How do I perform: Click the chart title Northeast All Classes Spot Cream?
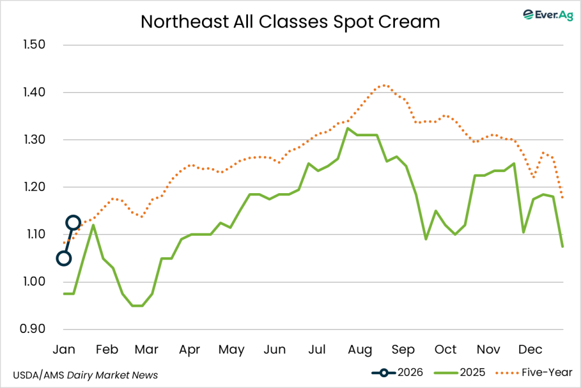pos(290,22)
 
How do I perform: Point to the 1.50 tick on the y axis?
pos(32,45)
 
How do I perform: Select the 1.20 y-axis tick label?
pos(32,187)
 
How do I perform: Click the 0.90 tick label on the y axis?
pos(32,329)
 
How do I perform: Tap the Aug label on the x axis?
pos(360,349)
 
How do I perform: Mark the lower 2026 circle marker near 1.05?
pos(64,258)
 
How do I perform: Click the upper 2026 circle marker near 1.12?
pos(73,222)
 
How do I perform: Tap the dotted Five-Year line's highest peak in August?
pos(385,85)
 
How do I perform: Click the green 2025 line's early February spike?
pos(93,225)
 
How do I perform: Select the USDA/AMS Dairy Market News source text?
pos(85,375)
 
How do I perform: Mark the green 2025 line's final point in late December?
pos(562,246)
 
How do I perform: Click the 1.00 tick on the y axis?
pos(32,282)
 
